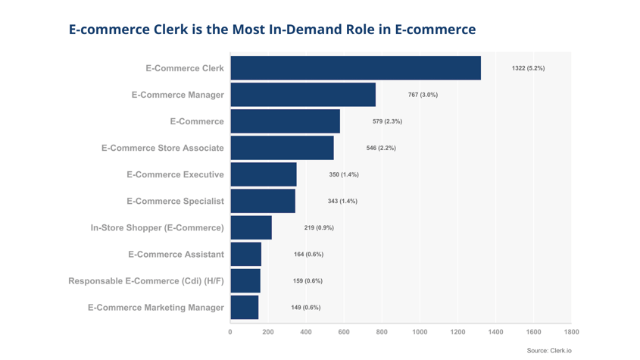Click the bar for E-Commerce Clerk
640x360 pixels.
point(355,68)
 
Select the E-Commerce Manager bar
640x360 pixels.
point(303,95)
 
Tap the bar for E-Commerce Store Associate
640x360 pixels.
point(282,148)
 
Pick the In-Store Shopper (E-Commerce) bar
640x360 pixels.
point(251,227)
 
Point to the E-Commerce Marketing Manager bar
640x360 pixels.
point(245,307)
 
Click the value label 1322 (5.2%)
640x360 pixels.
point(528,68)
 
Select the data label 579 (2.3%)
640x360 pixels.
point(387,121)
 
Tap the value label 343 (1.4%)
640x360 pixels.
point(342,201)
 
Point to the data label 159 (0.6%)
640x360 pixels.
point(308,280)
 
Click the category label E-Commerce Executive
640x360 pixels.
point(175,174)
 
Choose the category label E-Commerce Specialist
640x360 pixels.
point(175,201)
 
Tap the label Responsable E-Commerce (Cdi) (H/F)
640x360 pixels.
point(146,281)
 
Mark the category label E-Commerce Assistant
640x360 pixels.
point(176,254)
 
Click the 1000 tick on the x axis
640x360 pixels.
point(420,332)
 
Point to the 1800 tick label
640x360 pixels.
point(571,332)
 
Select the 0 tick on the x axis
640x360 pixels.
point(230,332)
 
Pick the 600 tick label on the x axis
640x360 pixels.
point(344,332)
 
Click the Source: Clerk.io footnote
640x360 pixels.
point(549,351)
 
